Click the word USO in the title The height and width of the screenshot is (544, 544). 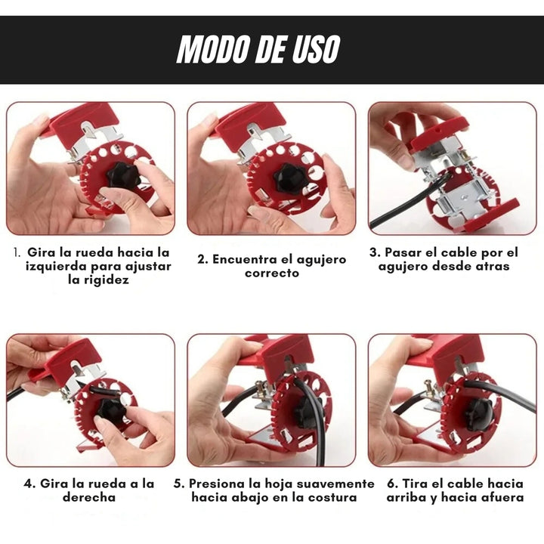tap(315, 49)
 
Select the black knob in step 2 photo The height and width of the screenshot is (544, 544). tap(289, 179)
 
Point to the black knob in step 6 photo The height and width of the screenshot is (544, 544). tap(479, 413)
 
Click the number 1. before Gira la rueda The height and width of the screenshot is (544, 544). tap(17, 252)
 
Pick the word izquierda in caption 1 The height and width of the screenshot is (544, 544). tap(56, 267)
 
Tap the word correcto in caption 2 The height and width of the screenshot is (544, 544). tap(272, 273)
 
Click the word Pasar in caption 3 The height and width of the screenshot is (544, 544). tap(403, 252)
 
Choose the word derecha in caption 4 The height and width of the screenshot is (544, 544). tap(89, 497)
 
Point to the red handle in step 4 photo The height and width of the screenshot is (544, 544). tap(65, 362)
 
